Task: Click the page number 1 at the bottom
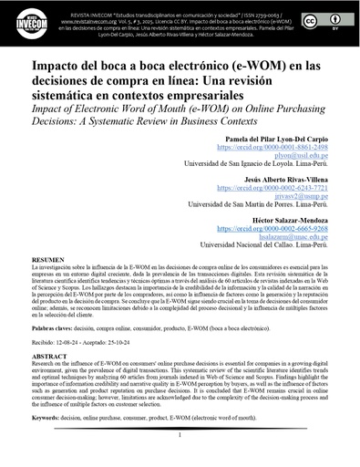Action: coord(180,435)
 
